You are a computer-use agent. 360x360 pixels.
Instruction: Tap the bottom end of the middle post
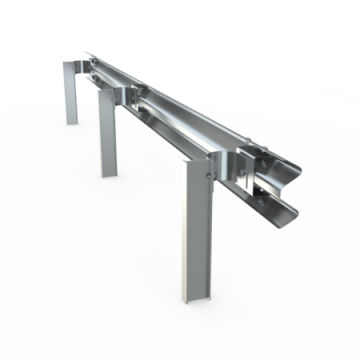click(x=106, y=173)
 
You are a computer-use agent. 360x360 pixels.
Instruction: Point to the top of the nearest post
click(x=196, y=160)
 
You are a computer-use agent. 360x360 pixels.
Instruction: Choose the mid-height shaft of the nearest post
click(x=194, y=230)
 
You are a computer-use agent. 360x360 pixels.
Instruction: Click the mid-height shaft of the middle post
click(x=107, y=135)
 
